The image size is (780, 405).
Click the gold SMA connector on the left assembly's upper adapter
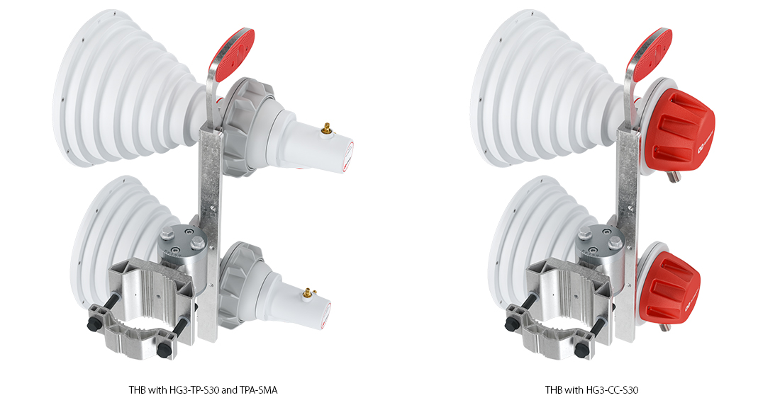pyautogui.click(x=326, y=130)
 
